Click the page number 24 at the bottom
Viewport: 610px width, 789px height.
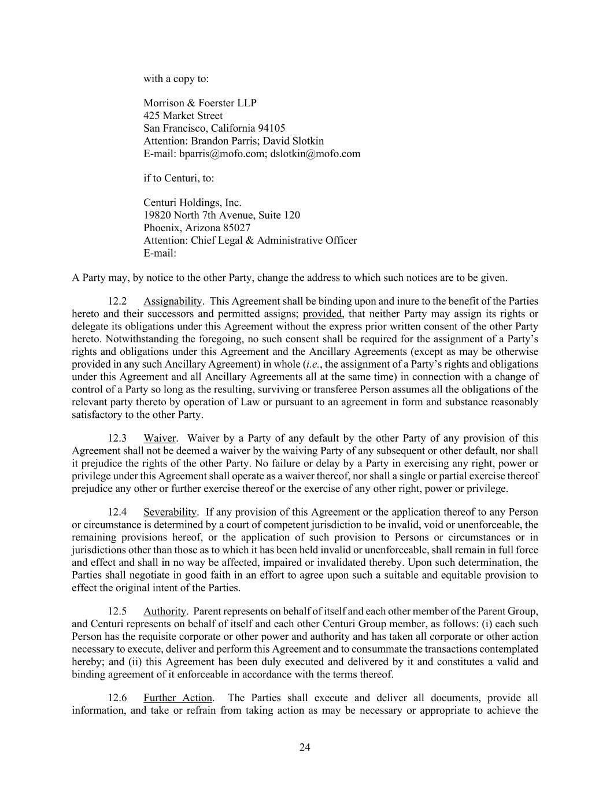(x=305, y=747)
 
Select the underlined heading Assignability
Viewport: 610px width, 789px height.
(x=173, y=301)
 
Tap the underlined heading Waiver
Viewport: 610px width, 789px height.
(x=160, y=438)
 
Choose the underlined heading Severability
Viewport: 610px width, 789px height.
(x=171, y=512)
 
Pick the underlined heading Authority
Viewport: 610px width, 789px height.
(x=165, y=611)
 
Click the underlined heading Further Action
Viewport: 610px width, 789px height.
(x=178, y=698)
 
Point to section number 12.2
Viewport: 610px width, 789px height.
(x=117, y=301)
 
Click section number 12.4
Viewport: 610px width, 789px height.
(x=117, y=512)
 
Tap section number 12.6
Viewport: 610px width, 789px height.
(x=117, y=698)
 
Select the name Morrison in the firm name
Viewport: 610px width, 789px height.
(x=164, y=103)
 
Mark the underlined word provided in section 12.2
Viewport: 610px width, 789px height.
(x=323, y=314)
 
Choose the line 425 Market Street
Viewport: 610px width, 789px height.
(x=183, y=116)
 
